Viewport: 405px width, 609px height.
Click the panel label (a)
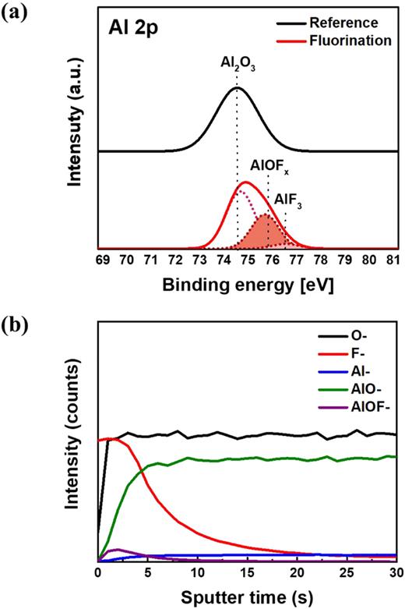click(x=15, y=13)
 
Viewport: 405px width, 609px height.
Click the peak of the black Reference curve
click(x=237, y=87)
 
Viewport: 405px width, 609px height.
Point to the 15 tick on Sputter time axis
click(x=246, y=572)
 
